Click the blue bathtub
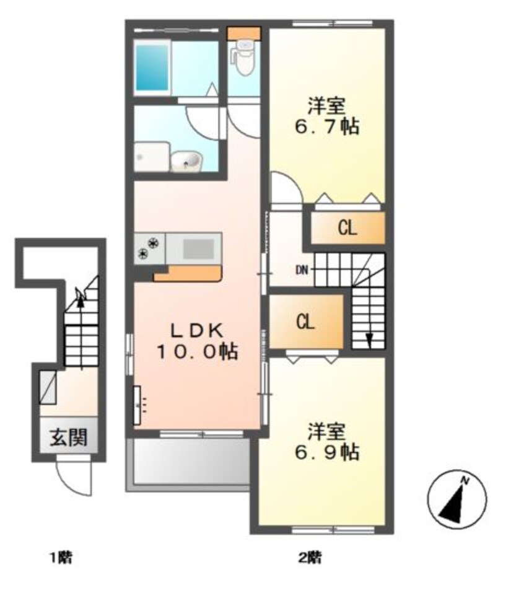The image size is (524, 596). (153, 67)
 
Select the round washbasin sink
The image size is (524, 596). (188, 162)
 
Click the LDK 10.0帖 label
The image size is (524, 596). (196, 341)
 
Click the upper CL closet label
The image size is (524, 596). (347, 229)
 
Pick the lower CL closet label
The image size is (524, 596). (305, 322)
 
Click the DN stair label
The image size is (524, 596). (302, 270)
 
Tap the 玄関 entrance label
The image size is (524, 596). (69, 439)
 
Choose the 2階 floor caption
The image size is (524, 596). (310, 558)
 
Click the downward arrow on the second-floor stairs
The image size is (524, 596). (369, 338)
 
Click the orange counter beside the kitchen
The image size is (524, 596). (188, 273)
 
